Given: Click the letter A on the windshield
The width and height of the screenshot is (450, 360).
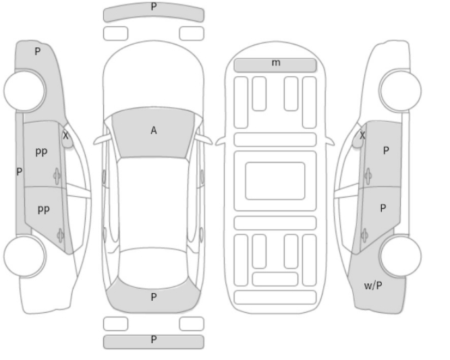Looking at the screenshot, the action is point(154,131).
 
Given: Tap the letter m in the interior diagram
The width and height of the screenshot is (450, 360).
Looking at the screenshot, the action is point(276,62).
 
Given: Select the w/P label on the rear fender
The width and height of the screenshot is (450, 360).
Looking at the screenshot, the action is point(373,285).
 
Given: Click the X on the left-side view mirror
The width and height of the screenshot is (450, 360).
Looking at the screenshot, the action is point(65,136).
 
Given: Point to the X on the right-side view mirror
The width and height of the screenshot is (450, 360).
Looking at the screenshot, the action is point(362,135).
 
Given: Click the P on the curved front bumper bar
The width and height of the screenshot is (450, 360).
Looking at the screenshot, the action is point(154,7).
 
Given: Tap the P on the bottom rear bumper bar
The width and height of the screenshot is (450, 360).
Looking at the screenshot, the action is point(154,340).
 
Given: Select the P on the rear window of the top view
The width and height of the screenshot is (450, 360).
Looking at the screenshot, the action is point(154,297).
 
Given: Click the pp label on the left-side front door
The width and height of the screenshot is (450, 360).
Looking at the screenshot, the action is point(42,152).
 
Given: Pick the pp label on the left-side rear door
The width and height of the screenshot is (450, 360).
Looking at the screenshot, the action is point(44,210).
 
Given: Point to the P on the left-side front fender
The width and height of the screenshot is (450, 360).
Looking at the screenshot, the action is point(38,52).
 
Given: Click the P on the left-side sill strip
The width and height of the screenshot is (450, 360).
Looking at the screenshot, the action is point(20,171).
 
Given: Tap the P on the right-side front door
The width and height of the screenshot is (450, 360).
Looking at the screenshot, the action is point(386,150).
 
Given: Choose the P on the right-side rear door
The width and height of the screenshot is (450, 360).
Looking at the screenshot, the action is point(383,208).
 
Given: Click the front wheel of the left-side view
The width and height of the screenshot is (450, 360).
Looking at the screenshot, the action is point(25,90).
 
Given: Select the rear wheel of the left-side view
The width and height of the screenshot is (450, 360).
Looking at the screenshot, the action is point(25,256).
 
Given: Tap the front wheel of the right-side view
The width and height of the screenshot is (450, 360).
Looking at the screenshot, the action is point(400,90).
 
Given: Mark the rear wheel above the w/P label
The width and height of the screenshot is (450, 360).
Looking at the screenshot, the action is point(401,256).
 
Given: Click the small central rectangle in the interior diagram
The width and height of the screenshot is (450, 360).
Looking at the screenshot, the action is point(275,181).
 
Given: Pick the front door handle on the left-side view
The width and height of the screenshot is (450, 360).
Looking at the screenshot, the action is point(57,176).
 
